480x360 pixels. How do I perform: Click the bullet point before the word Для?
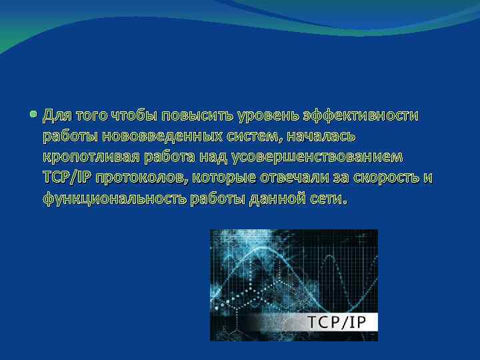33,115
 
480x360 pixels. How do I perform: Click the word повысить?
192,116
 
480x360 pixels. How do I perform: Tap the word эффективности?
361,116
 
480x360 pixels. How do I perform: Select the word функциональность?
115,199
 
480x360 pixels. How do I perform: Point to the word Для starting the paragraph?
57,116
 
